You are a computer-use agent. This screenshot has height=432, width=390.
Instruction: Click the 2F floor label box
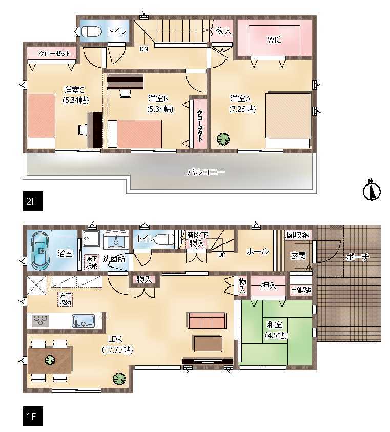[x=33, y=201]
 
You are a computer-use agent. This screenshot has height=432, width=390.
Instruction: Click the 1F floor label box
[x=33, y=416]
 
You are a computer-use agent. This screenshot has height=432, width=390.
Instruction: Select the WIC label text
[x=274, y=39]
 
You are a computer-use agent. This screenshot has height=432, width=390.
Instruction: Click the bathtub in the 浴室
[x=41, y=251]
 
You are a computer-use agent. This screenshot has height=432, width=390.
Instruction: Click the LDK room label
[x=117, y=344]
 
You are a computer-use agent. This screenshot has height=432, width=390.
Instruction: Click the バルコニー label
[x=206, y=172]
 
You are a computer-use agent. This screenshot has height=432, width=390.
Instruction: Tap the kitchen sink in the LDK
[x=83, y=321]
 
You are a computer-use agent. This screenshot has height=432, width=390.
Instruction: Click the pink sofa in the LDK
[x=207, y=320]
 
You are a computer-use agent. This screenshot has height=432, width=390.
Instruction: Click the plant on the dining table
[x=50, y=360]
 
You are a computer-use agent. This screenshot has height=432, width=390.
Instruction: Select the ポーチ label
[x=357, y=257]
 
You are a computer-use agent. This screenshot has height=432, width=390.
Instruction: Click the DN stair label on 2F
[x=144, y=49]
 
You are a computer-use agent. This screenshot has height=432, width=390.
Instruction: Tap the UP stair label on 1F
[x=221, y=255]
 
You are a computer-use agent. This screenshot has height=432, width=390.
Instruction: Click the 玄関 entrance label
[x=298, y=255]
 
